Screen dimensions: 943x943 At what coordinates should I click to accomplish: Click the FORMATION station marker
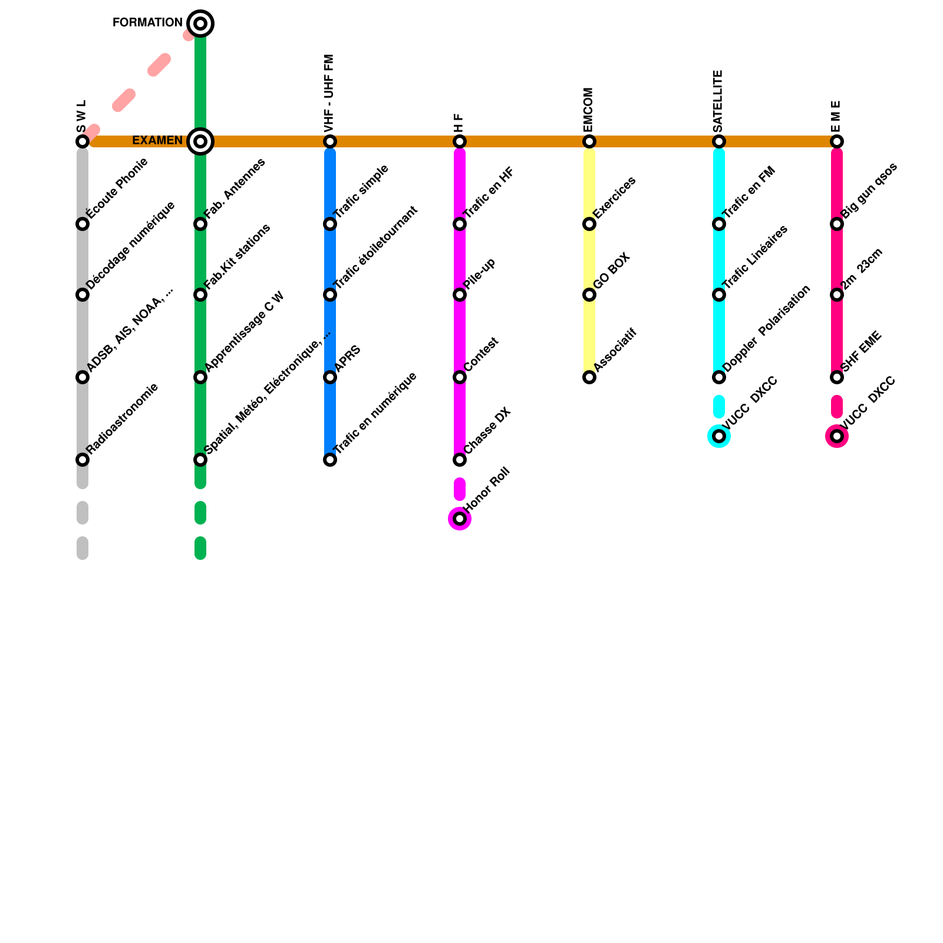(x=200, y=24)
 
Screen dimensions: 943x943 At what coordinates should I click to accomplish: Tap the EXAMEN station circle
(x=200, y=141)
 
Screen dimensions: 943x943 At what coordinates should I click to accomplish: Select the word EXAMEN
(x=157, y=141)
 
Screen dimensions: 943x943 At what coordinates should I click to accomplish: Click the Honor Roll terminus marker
(x=460, y=519)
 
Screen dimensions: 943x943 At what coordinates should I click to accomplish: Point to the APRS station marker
(x=330, y=377)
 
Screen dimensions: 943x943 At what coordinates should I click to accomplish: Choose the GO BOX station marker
(x=589, y=295)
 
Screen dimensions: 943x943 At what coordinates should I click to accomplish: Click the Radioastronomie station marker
(x=83, y=460)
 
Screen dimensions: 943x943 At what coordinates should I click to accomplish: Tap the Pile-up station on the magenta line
(x=460, y=295)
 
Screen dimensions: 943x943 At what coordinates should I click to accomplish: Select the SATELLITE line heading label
(x=718, y=101)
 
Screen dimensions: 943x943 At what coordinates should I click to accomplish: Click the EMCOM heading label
(x=588, y=110)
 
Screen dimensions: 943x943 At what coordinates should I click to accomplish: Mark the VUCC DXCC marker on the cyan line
(x=719, y=436)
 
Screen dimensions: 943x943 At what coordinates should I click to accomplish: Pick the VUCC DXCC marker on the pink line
(x=837, y=436)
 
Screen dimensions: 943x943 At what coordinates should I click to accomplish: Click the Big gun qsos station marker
(x=837, y=224)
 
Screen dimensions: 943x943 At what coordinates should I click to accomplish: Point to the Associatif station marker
(x=589, y=377)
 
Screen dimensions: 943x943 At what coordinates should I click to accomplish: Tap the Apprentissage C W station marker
(x=200, y=377)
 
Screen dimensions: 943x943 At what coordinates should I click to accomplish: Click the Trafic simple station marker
(x=330, y=224)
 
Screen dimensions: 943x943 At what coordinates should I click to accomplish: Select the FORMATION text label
(x=147, y=23)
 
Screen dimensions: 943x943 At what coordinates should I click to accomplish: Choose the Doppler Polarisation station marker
(x=719, y=377)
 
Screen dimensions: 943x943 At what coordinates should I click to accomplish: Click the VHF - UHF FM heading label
(x=329, y=93)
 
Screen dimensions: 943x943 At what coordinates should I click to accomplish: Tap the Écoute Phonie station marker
(x=83, y=224)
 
